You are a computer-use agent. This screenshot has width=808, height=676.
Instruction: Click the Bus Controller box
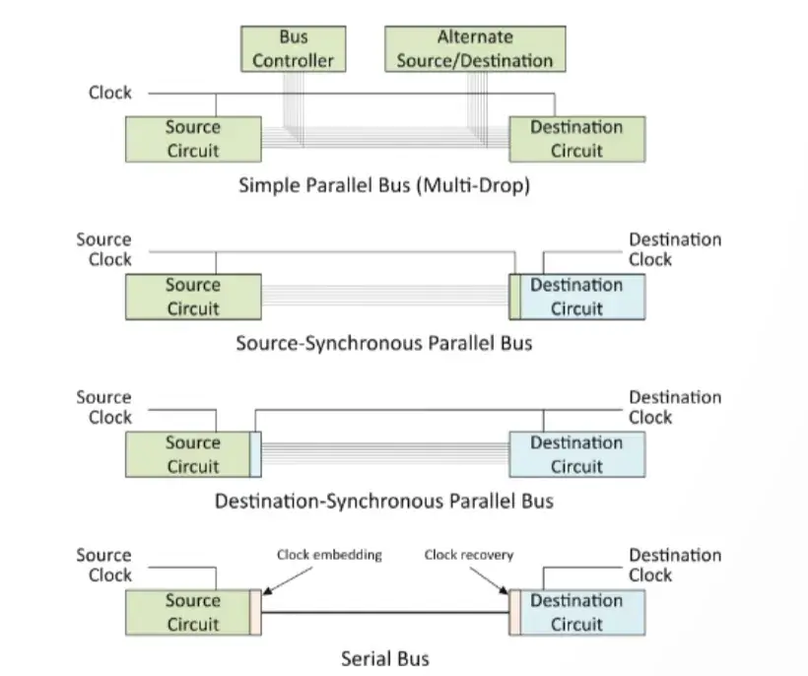pyautogui.click(x=293, y=49)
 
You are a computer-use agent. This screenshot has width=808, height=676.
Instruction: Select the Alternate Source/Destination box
pyautogui.click(x=474, y=49)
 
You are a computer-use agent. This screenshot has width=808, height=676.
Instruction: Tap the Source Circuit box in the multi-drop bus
pyautogui.click(x=193, y=139)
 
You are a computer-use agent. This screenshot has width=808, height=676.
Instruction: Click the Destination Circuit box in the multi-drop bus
pyautogui.click(x=576, y=139)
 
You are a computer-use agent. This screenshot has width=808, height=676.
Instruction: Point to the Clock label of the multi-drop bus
pyautogui.click(x=109, y=94)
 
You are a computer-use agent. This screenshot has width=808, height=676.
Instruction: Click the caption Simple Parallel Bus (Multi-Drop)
pyautogui.click(x=383, y=185)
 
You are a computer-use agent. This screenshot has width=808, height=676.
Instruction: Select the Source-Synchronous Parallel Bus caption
pyautogui.click(x=383, y=344)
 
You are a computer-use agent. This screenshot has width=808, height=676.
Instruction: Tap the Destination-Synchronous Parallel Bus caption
pyautogui.click(x=383, y=501)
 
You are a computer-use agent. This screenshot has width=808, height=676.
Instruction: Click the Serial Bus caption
pyautogui.click(x=383, y=658)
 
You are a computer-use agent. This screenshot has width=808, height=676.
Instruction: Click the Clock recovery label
pyautogui.click(x=469, y=555)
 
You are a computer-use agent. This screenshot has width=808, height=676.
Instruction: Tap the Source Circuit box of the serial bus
pyautogui.click(x=193, y=612)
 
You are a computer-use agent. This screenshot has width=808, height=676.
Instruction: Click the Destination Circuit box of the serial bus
pyautogui.click(x=576, y=612)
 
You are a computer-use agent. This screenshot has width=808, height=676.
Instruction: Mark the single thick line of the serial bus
pyautogui.click(x=383, y=613)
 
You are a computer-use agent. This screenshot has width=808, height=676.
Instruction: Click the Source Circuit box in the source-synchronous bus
pyautogui.click(x=193, y=297)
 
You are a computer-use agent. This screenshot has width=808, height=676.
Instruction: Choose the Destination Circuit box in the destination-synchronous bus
pyautogui.click(x=576, y=454)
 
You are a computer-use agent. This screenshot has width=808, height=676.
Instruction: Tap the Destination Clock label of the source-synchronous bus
pyautogui.click(x=675, y=249)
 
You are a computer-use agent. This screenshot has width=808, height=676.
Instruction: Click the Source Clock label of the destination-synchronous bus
pyautogui.click(x=103, y=407)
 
